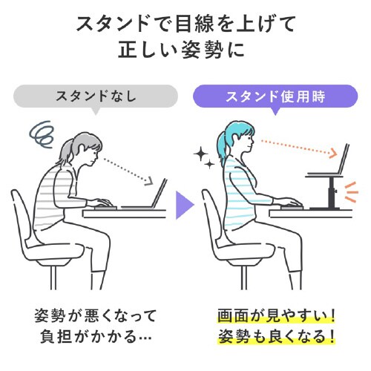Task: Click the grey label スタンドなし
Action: point(96,96)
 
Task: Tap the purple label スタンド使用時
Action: point(275,96)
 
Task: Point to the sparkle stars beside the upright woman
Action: point(201,157)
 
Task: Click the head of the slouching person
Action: point(83,153)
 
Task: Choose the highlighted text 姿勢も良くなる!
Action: point(275,337)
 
